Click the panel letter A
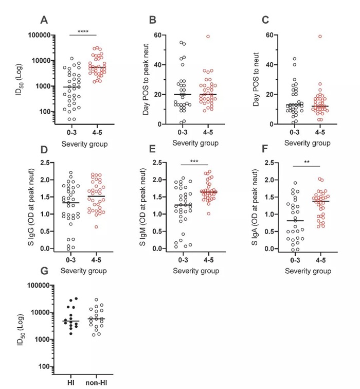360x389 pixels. coord(45,20)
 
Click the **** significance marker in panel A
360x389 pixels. coord(83,32)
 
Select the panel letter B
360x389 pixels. coord(152,20)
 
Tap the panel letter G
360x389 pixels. coord(45,270)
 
